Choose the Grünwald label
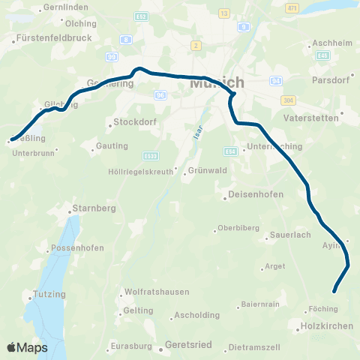pyautogui.click(x=202, y=170)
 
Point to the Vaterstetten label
pyautogui.click(x=312, y=118)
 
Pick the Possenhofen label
pyautogui.click(x=74, y=249)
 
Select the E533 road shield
pyautogui.click(x=150, y=155)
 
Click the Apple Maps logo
pyautogui.click(x=26, y=347)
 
